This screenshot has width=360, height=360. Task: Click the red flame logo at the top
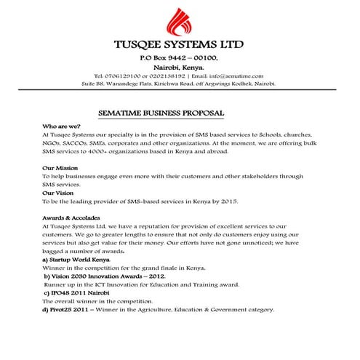coord(180,24)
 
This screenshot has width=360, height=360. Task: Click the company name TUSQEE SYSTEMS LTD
coord(180,47)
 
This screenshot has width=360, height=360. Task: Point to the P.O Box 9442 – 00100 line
coord(180,57)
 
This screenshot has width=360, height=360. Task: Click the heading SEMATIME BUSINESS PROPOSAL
coord(161,113)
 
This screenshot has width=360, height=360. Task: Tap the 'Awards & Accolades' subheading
coord(71,217)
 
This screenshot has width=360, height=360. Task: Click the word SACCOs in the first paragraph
coord(78,143)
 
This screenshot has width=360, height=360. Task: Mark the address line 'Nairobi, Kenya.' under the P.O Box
coord(180,66)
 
